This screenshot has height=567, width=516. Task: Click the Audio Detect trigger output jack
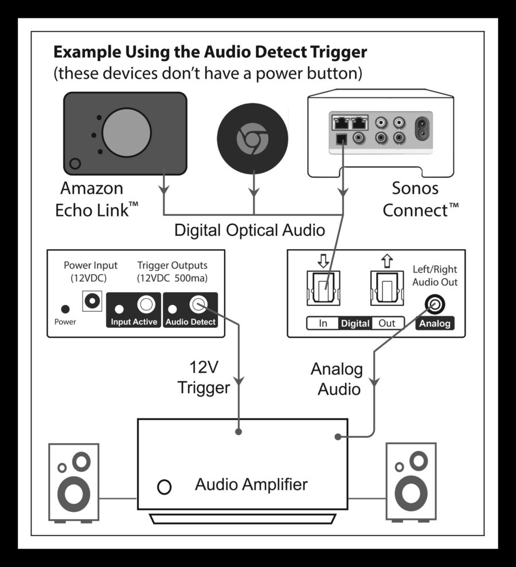[x=200, y=304]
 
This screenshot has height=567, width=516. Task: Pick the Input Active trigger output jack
[x=146, y=304]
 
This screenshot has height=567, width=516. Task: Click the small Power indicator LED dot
[x=65, y=309]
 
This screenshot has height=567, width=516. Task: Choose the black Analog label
[x=434, y=323]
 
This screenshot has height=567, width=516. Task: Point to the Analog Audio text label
[x=336, y=379]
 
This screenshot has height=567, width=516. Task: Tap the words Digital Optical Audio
[x=249, y=230]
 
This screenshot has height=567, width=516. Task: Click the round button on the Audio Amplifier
[x=164, y=487]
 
